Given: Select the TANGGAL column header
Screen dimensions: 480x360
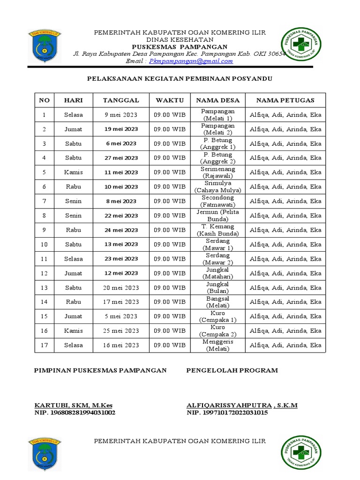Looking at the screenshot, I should click(x=121, y=100).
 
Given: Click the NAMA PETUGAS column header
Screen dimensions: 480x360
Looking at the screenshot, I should click(x=285, y=100).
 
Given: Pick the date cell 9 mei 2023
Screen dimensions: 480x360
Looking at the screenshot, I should click(x=121, y=115).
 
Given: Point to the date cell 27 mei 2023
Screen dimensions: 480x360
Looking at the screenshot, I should click(x=121, y=158).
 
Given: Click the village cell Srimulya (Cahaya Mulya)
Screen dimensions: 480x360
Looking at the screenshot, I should click(x=217, y=187).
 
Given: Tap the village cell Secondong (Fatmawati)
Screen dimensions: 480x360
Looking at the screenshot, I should click(x=217, y=201).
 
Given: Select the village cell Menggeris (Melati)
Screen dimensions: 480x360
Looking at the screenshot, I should click(x=217, y=345).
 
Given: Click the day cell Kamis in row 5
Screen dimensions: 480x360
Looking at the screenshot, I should click(x=73, y=172).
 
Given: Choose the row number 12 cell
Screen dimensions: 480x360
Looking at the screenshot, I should click(x=44, y=273).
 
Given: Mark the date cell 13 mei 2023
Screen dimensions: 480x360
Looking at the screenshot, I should click(x=121, y=244).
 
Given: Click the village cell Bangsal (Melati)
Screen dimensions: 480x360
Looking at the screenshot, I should click(x=217, y=302).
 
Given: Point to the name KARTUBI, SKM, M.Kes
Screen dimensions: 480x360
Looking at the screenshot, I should click(x=74, y=405).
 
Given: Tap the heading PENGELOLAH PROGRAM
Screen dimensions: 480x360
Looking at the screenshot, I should click(x=232, y=370).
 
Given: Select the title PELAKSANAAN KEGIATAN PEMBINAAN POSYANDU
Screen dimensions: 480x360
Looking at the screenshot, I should click(x=180, y=79).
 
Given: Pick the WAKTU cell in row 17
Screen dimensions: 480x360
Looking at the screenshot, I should click(x=170, y=345).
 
